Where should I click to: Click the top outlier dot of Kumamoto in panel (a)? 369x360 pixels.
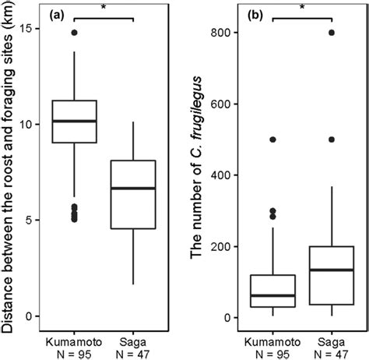pos(74,33)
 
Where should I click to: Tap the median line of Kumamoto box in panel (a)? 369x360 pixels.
pos(74,122)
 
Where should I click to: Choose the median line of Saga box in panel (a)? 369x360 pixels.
pos(134,189)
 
